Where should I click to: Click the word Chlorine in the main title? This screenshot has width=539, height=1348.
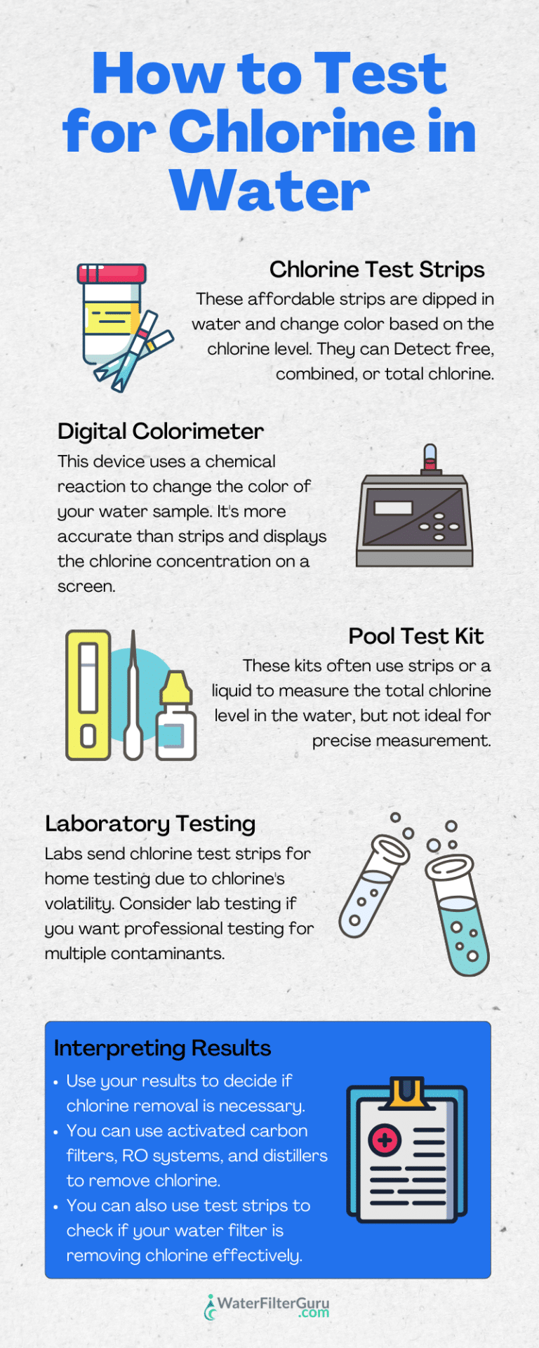(x=291, y=131)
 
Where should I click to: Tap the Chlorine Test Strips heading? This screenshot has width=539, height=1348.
(x=377, y=270)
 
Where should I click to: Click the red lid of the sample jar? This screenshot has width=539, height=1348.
(x=112, y=273)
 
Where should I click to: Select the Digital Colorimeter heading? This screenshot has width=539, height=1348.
(x=161, y=431)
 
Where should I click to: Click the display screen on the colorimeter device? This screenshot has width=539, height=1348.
(x=393, y=508)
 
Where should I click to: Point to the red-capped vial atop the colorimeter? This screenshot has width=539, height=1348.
(x=430, y=458)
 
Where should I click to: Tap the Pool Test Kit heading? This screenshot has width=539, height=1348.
(x=415, y=636)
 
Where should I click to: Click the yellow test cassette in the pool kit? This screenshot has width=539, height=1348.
(x=88, y=694)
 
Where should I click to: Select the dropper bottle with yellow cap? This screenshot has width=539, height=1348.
(x=175, y=718)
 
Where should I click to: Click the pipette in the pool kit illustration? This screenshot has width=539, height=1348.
(x=133, y=702)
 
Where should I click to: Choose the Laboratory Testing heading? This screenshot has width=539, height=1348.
(x=150, y=824)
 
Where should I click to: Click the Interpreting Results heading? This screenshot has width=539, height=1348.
(x=162, y=1048)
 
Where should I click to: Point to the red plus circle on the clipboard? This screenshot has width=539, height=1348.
(x=385, y=1139)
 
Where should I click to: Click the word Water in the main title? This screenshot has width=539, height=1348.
(x=269, y=190)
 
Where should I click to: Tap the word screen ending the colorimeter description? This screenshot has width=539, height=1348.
(x=86, y=586)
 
